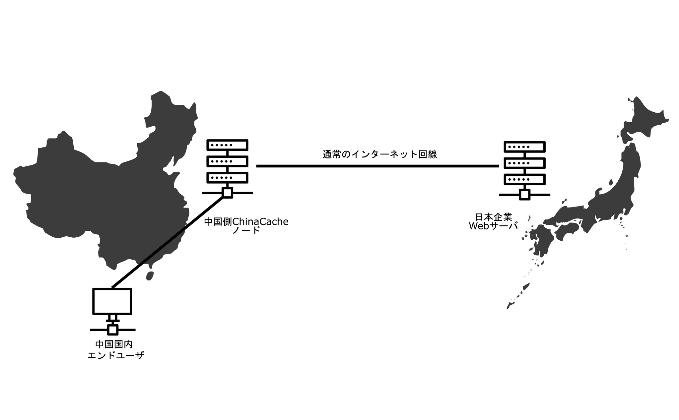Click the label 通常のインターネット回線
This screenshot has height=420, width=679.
click(x=379, y=154)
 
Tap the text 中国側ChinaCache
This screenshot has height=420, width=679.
click(x=246, y=222)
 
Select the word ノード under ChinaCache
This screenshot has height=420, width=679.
click(x=246, y=231)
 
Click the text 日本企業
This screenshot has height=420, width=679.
click(x=494, y=217)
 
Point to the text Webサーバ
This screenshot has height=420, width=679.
click(x=493, y=226)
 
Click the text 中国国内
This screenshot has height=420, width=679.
click(x=114, y=344)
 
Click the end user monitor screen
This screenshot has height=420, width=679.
click(x=112, y=301)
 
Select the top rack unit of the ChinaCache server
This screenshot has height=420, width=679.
click(x=227, y=145)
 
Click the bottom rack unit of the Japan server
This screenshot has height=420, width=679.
click(x=524, y=179)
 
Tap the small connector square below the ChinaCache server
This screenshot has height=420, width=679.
click(x=227, y=193)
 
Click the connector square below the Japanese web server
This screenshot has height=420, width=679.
click(x=524, y=195)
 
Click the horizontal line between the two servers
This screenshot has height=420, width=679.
click(x=377, y=166)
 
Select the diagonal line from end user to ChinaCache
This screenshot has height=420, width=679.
click(x=168, y=242)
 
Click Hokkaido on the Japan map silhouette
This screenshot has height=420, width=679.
click(x=645, y=121)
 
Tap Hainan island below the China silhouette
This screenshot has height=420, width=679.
click(x=150, y=276)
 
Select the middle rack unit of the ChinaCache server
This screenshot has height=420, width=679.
click(x=227, y=161)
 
